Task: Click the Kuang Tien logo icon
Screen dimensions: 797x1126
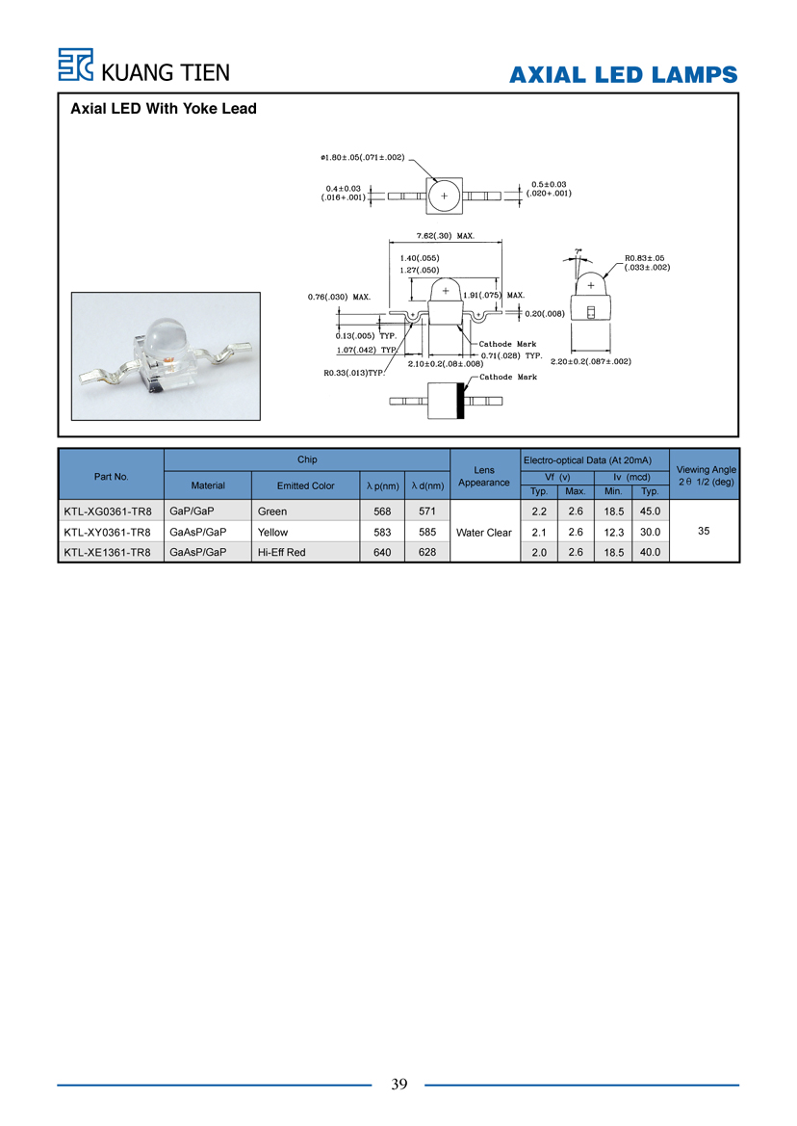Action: pyautogui.click(x=75, y=65)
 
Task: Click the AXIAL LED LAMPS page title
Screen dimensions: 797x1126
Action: pyautogui.click(x=624, y=75)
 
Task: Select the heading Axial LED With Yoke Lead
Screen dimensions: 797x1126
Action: pyautogui.click(x=164, y=109)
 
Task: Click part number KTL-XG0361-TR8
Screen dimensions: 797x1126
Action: pyautogui.click(x=108, y=511)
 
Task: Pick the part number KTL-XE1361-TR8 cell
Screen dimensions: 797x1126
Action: pyautogui.click(x=108, y=552)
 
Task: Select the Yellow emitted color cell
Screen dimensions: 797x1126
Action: pyautogui.click(x=272, y=532)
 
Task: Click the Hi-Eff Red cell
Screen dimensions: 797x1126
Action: pyautogui.click(x=281, y=552)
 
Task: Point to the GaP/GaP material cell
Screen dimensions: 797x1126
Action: pyautogui.click(x=192, y=511)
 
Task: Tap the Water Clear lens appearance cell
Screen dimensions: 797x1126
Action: pyautogui.click(x=484, y=532)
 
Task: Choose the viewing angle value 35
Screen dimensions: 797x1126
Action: pyautogui.click(x=704, y=531)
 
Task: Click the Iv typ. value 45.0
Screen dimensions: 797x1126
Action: pyautogui.click(x=650, y=511)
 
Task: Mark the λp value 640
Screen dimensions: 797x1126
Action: pyautogui.click(x=382, y=552)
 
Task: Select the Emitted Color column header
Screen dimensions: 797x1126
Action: pyautogui.click(x=305, y=485)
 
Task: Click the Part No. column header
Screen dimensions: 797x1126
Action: pyautogui.click(x=112, y=476)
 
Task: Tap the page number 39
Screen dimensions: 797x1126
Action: pyautogui.click(x=398, y=1084)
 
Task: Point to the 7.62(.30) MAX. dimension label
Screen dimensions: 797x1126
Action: pyautogui.click(x=446, y=236)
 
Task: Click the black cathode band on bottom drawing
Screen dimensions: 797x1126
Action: pyautogui.click(x=460, y=401)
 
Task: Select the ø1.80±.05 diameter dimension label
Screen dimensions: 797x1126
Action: pyautogui.click(x=363, y=157)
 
